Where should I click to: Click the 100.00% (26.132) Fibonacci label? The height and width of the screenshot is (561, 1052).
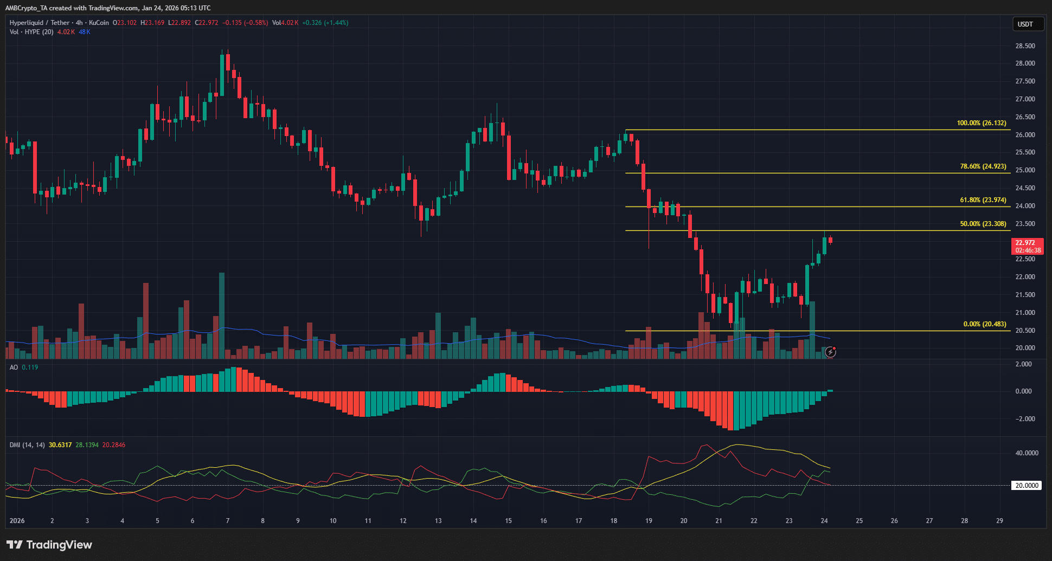pyautogui.click(x=981, y=123)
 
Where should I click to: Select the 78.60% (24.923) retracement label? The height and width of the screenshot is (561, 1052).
pyautogui.click(x=983, y=166)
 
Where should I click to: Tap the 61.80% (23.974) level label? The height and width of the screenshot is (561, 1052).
pyautogui.click(x=983, y=200)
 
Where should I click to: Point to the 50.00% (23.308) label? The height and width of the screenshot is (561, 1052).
pyautogui.click(x=983, y=224)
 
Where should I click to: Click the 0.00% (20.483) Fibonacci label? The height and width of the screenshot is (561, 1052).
pyautogui.click(x=984, y=324)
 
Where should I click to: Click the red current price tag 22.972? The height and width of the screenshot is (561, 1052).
pyautogui.click(x=1028, y=243)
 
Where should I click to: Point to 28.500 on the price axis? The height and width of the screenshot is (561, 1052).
pyautogui.click(x=1025, y=46)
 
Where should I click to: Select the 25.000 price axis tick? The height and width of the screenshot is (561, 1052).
pyautogui.click(x=1025, y=170)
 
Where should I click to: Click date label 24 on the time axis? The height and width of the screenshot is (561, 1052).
pyautogui.click(x=824, y=521)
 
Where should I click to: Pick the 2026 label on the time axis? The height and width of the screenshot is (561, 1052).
pyautogui.click(x=17, y=521)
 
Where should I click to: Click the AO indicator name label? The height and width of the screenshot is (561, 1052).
pyautogui.click(x=14, y=367)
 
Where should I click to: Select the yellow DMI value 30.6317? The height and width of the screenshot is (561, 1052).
pyautogui.click(x=60, y=445)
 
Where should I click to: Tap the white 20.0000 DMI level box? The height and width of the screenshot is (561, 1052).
pyautogui.click(x=1027, y=486)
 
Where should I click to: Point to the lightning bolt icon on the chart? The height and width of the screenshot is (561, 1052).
pyautogui.click(x=830, y=352)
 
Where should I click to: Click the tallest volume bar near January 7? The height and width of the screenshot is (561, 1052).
pyautogui.click(x=221, y=314)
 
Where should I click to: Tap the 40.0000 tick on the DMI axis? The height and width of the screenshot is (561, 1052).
pyautogui.click(x=1027, y=453)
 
